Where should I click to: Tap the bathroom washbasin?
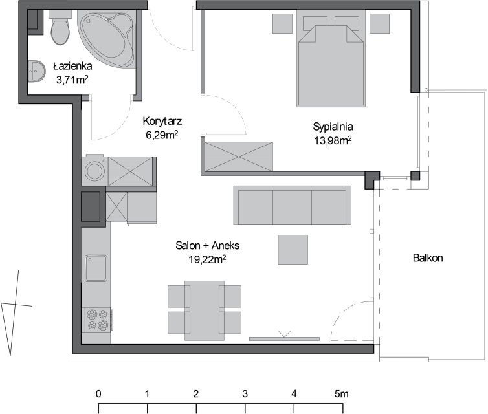click(x=36, y=72)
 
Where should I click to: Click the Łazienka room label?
click(x=72, y=66)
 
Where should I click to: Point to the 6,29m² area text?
click(x=162, y=135)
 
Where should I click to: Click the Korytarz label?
click(x=162, y=121)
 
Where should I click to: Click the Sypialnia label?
click(x=333, y=127)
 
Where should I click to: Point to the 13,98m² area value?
click(x=333, y=140)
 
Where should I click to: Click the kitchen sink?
click(x=96, y=268)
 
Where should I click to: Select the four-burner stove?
click(x=98, y=320)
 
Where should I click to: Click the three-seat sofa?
click(x=293, y=205)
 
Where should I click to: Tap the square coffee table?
click(x=293, y=250)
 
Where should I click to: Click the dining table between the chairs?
click(x=205, y=310)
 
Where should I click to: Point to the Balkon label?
click(x=428, y=258)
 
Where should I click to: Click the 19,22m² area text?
click(x=207, y=259)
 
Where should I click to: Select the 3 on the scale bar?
click(x=245, y=394)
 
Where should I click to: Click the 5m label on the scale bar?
click(x=342, y=394)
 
